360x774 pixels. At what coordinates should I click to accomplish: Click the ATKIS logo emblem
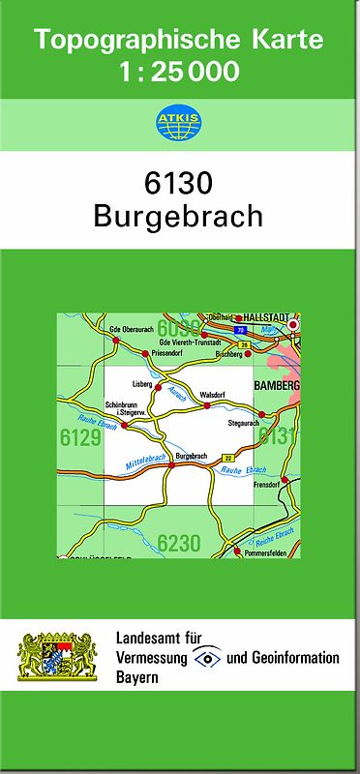point(179,123)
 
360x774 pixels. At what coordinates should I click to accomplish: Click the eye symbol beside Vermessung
point(207,658)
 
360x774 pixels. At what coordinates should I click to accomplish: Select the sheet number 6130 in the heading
point(179,183)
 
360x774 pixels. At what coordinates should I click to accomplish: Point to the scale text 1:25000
point(179,71)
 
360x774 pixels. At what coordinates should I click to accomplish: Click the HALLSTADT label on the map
point(267,317)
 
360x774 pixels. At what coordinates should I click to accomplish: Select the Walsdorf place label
point(212,395)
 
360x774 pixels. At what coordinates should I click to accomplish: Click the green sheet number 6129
point(80,438)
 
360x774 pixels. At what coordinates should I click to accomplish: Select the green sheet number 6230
point(179,543)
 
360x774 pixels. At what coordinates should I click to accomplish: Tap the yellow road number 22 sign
point(228,457)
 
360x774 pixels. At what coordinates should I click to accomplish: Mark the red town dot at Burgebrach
point(171,465)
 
